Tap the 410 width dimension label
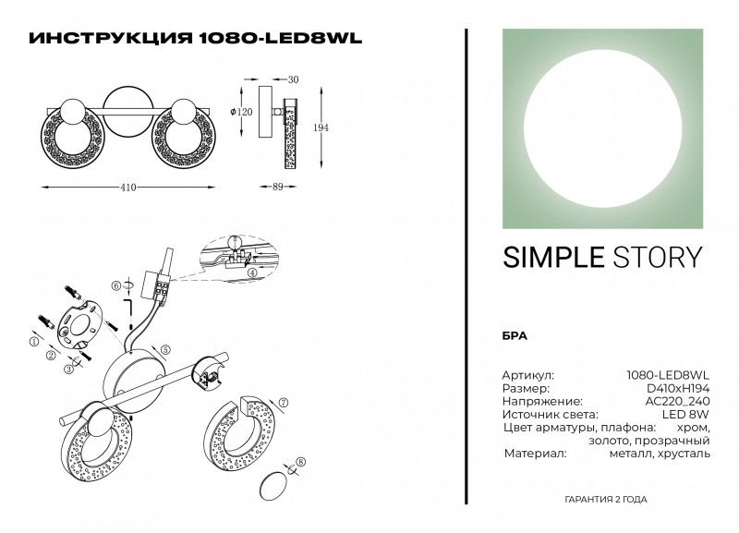click(128, 188)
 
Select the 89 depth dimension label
click(288, 188)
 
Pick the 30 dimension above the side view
click(293, 80)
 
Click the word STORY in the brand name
click(653, 258)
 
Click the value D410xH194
click(677, 389)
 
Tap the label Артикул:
click(527, 376)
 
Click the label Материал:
click(534, 454)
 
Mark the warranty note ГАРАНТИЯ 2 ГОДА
click(605, 500)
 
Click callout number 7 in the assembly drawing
click(285, 403)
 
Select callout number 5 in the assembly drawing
click(164, 349)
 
